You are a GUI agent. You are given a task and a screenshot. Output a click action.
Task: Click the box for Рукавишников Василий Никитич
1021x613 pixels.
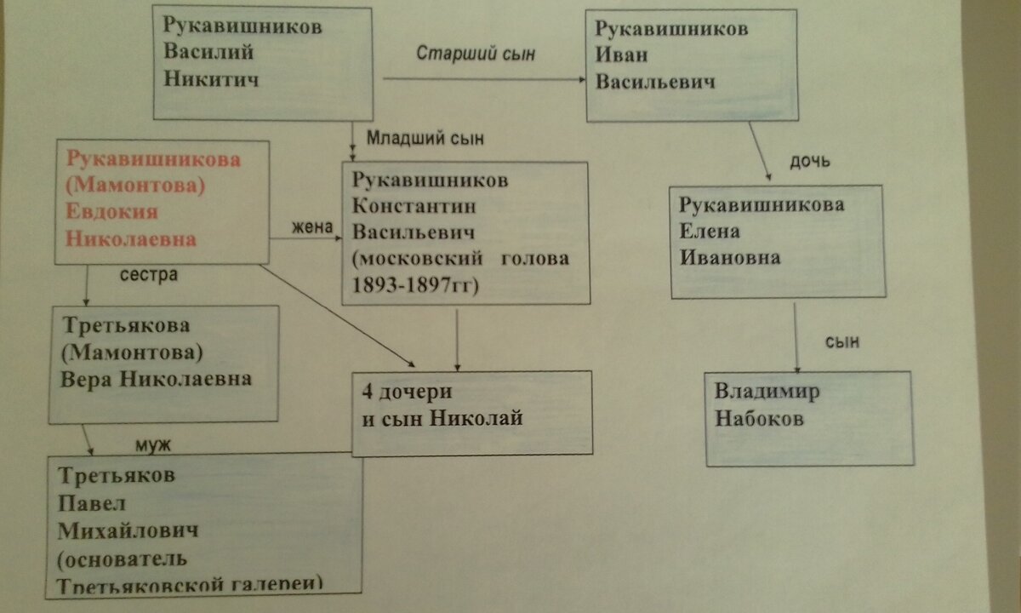click(263, 64)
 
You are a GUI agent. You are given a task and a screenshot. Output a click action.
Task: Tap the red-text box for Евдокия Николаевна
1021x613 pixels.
click(162, 201)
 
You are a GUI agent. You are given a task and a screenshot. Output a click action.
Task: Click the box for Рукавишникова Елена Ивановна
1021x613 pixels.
click(778, 243)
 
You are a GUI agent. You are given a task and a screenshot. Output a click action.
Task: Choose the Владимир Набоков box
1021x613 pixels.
click(809, 417)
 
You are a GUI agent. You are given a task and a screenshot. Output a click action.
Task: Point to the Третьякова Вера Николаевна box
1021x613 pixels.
click(164, 364)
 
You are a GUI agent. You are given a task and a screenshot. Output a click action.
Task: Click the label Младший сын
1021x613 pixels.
click(417, 137)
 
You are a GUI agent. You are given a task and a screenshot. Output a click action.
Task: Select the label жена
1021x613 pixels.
click(310, 226)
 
